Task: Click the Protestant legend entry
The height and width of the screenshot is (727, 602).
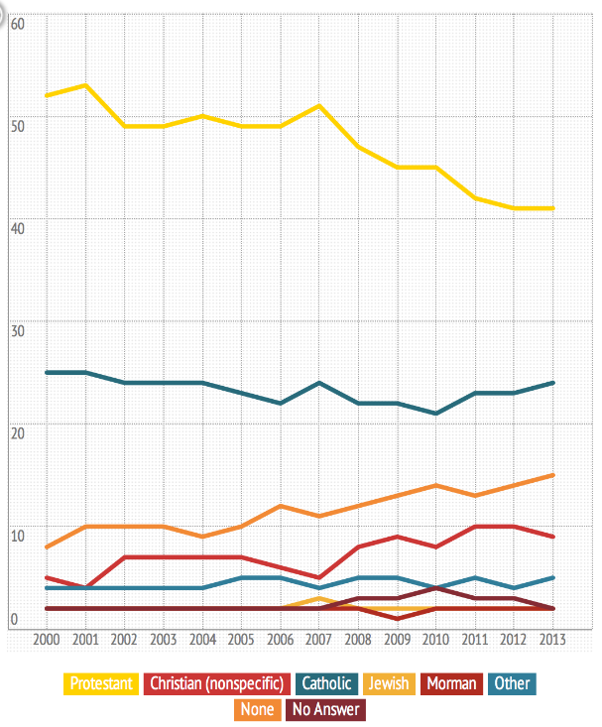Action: click(x=101, y=683)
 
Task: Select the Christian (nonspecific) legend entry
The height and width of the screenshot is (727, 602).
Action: click(x=217, y=683)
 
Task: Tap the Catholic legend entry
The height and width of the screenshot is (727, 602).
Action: click(x=326, y=683)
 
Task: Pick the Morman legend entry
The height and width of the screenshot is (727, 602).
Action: click(x=454, y=683)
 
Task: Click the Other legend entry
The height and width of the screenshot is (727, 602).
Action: click(x=512, y=683)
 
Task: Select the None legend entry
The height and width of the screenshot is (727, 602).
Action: click(x=257, y=710)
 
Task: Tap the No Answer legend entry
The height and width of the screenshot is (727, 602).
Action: click(x=326, y=710)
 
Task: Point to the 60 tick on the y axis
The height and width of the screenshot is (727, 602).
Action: click(x=17, y=21)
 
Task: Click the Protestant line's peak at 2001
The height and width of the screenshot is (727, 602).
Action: click(x=86, y=85)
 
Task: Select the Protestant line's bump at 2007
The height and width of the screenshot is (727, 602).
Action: click(x=318, y=106)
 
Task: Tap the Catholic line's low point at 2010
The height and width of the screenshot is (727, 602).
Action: click(x=435, y=414)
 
